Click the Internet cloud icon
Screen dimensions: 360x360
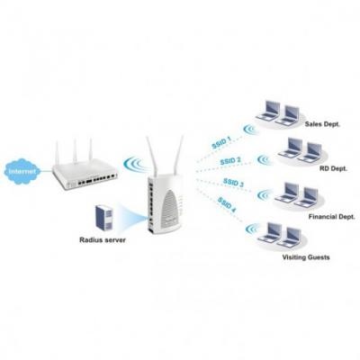(21, 170)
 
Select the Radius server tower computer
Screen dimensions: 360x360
(103, 218)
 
